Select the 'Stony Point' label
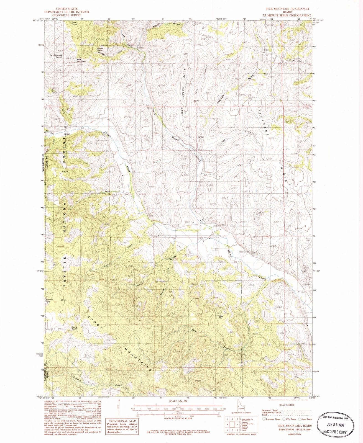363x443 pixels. [74, 328]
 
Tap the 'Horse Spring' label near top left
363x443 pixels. [74, 23]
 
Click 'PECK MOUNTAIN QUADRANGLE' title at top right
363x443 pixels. [288, 9]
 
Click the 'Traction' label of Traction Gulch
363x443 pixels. [221, 143]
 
